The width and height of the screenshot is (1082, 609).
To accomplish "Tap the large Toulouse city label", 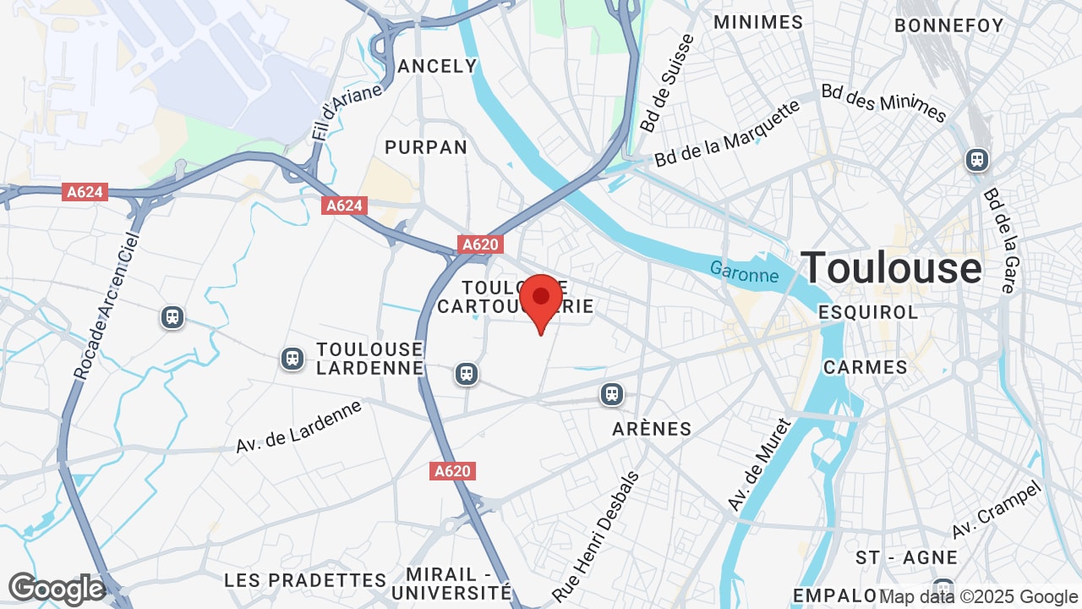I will (x=891, y=268).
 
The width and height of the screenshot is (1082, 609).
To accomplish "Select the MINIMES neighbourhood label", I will (x=758, y=22).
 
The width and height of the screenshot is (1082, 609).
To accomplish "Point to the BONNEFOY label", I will (x=948, y=25).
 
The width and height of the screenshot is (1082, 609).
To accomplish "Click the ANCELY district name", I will (x=438, y=66).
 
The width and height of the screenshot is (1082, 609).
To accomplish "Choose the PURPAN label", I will (x=426, y=147).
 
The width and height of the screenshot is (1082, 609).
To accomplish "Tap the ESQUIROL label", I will (x=868, y=312).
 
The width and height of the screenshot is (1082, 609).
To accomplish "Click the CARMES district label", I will (x=866, y=367).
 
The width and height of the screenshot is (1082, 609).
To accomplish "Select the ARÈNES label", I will (x=652, y=429).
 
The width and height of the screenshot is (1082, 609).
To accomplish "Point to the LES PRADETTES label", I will (x=305, y=580).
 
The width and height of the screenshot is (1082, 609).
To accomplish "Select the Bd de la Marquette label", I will (x=727, y=134).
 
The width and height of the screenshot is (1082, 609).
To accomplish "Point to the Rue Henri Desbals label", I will (x=597, y=536).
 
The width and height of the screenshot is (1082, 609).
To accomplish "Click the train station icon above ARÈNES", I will (x=612, y=393).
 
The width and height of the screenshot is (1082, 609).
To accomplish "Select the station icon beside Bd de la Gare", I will (x=977, y=159).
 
